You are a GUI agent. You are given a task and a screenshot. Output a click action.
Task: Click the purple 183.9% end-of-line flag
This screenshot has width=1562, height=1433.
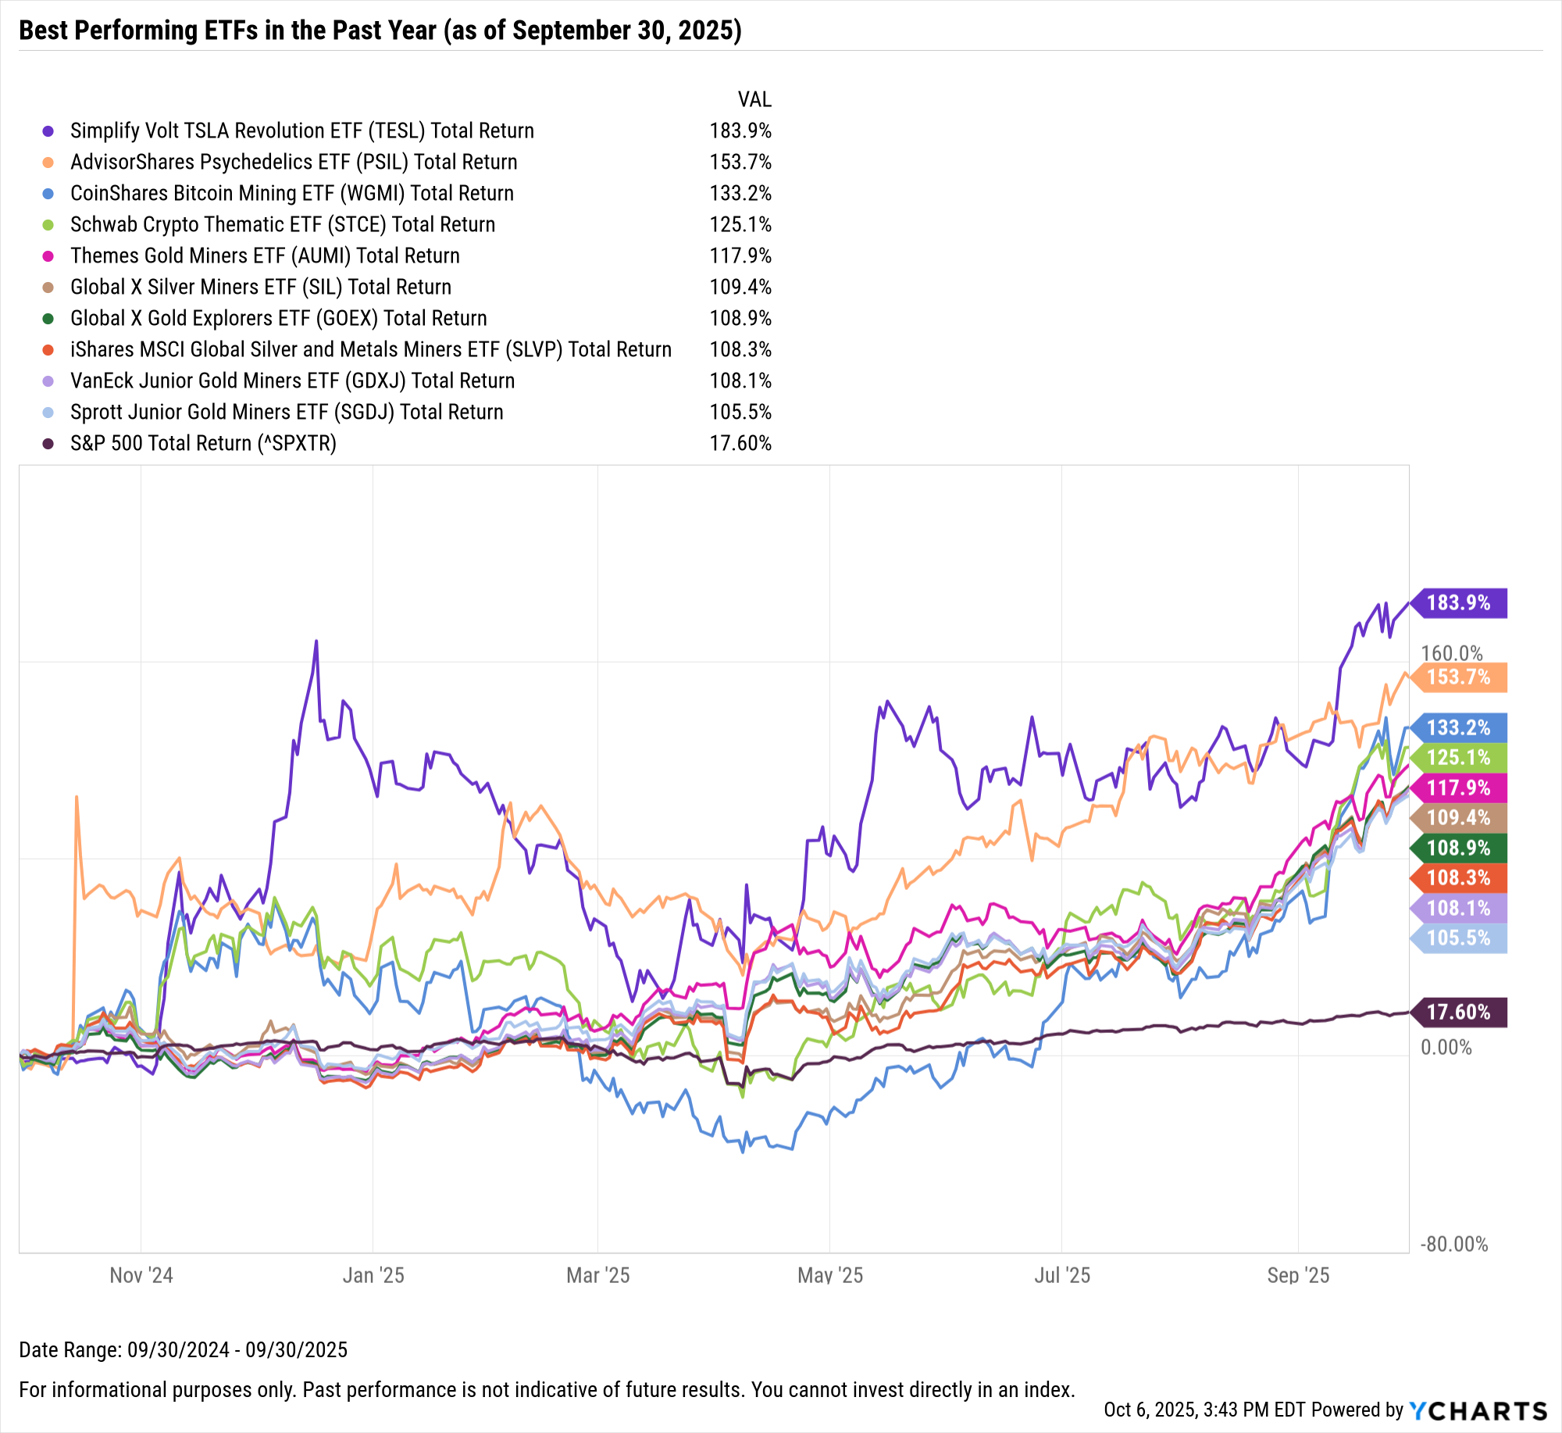tap(1459, 602)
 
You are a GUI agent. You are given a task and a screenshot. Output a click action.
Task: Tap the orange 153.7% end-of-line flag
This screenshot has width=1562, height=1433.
tap(1459, 677)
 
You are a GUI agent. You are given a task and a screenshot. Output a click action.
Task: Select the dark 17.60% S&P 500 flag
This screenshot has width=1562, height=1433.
tap(1459, 1012)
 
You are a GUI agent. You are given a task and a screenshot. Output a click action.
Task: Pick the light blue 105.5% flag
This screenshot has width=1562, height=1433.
tap(1459, 938)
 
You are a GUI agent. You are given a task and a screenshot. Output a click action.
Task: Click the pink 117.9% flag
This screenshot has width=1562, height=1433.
tap(1459, 788)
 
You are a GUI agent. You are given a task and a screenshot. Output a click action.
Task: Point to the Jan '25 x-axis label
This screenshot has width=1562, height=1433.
tap(373, 1275)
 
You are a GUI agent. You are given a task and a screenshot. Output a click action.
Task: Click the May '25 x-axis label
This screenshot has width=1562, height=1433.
tap(829, 1275)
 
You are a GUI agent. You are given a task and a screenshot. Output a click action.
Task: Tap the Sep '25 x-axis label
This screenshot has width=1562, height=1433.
tap(1298, 1275)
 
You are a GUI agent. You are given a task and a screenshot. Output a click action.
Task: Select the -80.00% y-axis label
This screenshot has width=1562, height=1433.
tap(1454, 1244)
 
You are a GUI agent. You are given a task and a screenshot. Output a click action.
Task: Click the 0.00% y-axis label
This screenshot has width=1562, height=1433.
tap(1446, 1047)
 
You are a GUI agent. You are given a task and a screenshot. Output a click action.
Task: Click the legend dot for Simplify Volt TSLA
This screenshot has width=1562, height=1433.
tap(48, 131)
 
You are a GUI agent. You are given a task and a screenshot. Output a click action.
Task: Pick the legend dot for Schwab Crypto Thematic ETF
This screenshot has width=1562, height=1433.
tap(48, 225)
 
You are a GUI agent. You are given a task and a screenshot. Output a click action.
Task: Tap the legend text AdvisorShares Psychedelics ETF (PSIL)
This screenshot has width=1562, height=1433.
tap(294, 162)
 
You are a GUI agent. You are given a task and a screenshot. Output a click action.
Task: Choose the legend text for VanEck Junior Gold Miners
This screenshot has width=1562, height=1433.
tap(292, 381)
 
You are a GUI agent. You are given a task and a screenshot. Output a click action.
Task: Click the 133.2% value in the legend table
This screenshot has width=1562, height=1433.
tap(740, 193)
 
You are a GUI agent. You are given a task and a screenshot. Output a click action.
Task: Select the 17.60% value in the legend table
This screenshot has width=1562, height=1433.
tap(740, 443)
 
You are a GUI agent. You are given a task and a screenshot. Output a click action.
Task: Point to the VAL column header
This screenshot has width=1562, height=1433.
tap(754, 99)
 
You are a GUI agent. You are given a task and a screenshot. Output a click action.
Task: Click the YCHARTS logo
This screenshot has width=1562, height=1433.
tap(1478, 1410)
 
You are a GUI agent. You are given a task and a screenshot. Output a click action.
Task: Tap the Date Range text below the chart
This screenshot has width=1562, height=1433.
tap(183, 1349)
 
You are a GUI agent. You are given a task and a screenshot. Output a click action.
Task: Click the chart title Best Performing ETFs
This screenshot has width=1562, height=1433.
tap(380, 30)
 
